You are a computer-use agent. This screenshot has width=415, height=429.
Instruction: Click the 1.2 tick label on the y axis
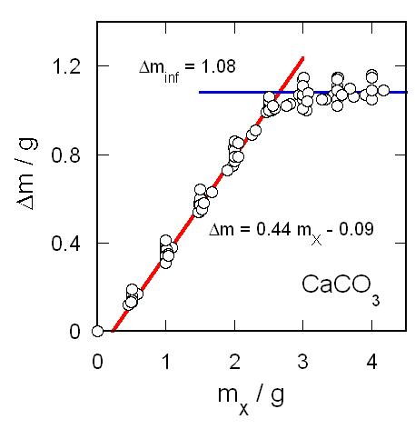coord(69,66)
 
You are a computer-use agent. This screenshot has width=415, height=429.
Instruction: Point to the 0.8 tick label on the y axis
coord(69,155)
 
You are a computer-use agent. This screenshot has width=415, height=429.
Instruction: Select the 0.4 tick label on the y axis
coord(69,244)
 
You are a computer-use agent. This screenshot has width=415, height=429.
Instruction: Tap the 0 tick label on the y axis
coord(77,332)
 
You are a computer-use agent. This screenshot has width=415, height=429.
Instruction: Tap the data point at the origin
coord(97,331)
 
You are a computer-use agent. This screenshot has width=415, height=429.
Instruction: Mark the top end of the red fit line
coord(303,58)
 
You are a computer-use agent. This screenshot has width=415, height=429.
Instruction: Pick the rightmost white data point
coord(384,90)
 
